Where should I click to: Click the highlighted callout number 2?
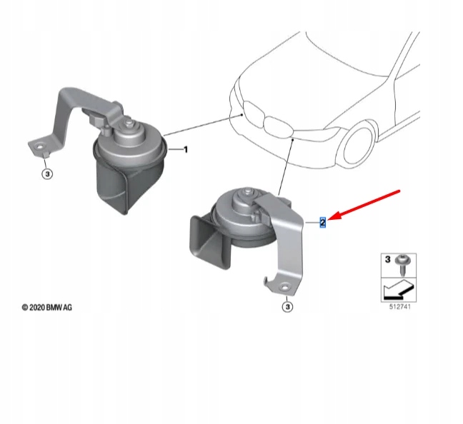[322, 222]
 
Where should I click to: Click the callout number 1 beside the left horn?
[186, 150]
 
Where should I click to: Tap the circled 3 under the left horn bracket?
[47, 173]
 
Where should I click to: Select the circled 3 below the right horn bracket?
[287, 307]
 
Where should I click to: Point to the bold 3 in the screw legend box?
[388, 260]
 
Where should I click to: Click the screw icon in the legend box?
[402, 265]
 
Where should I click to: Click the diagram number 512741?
[400, 307]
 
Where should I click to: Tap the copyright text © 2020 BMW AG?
[47, 308]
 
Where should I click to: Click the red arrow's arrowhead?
[334, 216]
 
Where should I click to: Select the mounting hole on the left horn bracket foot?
[39, 146]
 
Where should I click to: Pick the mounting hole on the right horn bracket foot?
[284, 288]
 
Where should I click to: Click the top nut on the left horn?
[129, 123]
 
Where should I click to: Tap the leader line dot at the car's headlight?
[242, 114]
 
